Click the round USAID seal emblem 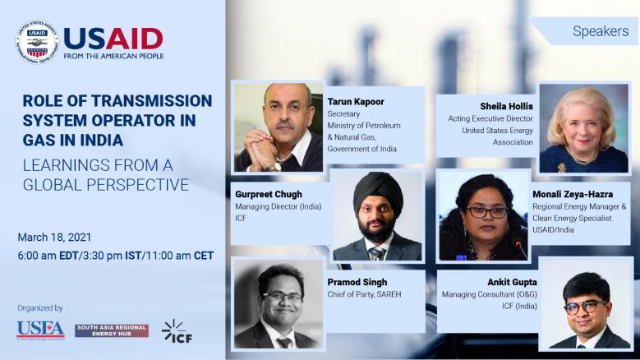coord(37,42)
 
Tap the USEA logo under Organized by coord(40,330)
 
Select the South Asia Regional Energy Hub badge coord(112,330)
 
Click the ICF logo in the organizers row coord(177,330)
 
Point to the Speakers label coord(601,31)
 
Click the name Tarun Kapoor coord(356,102)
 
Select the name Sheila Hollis coord(506,106)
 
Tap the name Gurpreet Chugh coord(269,194)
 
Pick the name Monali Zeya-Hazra coord(573,194)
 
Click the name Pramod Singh coord(357,282)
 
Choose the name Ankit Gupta coord(512,282)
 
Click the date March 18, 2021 coord(54,238)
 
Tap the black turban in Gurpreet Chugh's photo coord(379,189)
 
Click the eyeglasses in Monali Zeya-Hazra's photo coord(486,212)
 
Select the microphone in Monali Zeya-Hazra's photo coord(522,248)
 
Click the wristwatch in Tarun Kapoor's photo coord(275,167)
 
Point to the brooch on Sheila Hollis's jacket coord(562,168)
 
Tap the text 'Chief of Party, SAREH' coord(364,294)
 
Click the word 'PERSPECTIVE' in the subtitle coord(138,185)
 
